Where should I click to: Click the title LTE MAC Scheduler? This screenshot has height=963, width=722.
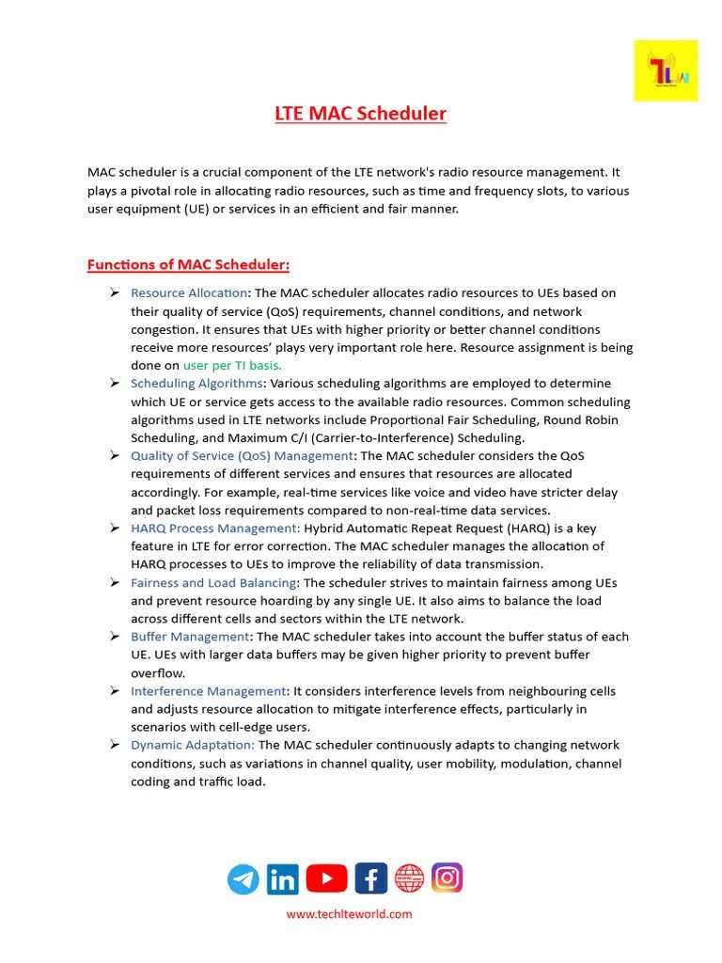pos(360,114)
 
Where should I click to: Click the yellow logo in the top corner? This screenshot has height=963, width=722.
pos(666,71)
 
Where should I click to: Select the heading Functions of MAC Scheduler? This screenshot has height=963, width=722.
pos(188,264)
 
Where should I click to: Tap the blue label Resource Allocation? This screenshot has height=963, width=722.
pos(189,293)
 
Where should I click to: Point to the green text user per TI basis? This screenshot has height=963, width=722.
pos(232,365)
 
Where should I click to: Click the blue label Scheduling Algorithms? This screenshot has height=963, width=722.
pos(196,383)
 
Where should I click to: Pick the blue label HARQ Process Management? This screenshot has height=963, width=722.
pos(215,528)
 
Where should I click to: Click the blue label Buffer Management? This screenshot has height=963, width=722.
pos(188,637)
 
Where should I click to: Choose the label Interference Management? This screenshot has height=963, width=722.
pos(208,691)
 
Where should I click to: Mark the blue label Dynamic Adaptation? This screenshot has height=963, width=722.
pos(193,745)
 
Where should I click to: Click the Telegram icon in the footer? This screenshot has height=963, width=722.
pos(243,879)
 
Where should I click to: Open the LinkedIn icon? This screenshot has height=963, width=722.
pos(282,879)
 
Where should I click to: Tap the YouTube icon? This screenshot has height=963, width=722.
pos(326,878)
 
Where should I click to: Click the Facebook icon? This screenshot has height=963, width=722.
pos(370,878)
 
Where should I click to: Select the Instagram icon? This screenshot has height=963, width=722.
pos(447,877)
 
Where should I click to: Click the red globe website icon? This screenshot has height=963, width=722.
pos(409,878)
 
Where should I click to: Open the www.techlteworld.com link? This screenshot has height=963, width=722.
pos(349,913)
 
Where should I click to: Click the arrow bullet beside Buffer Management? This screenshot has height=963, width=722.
pos(114,637)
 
